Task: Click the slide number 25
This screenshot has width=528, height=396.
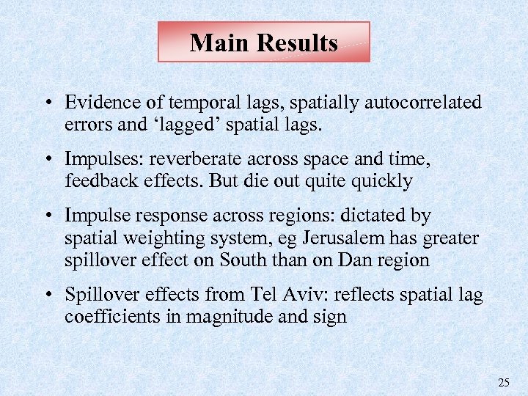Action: coord(503,382)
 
